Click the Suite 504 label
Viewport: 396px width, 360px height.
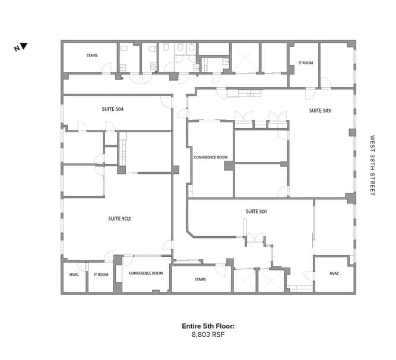click(113, 109)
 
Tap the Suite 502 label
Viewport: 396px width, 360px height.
click(119, 219)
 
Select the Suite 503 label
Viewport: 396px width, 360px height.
click(320, 111)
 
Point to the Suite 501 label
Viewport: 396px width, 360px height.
click(256, 212)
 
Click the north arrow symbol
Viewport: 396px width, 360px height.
click(24, 46)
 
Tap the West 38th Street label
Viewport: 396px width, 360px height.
click(372, 165)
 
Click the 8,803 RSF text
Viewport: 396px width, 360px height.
click(208, 334)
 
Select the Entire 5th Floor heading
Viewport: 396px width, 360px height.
click(208, 326)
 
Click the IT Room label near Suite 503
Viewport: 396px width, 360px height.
click(306, 63)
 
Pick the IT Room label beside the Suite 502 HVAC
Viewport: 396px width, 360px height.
click(102, 275)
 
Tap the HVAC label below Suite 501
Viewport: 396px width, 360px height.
click(334, 273)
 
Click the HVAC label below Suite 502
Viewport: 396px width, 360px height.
click(74, 275)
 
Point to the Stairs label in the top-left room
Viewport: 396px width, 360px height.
click(92, 56)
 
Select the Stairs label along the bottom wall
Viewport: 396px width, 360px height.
click(200, 279)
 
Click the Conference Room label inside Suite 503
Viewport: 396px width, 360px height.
click(211, 157)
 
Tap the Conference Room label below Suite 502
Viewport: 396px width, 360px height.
click(146, 273)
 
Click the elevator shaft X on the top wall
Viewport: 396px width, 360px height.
click(245, 58)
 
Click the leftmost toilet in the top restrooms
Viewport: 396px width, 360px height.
click(123, 48)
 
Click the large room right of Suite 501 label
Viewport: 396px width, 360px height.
click(334, 227)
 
